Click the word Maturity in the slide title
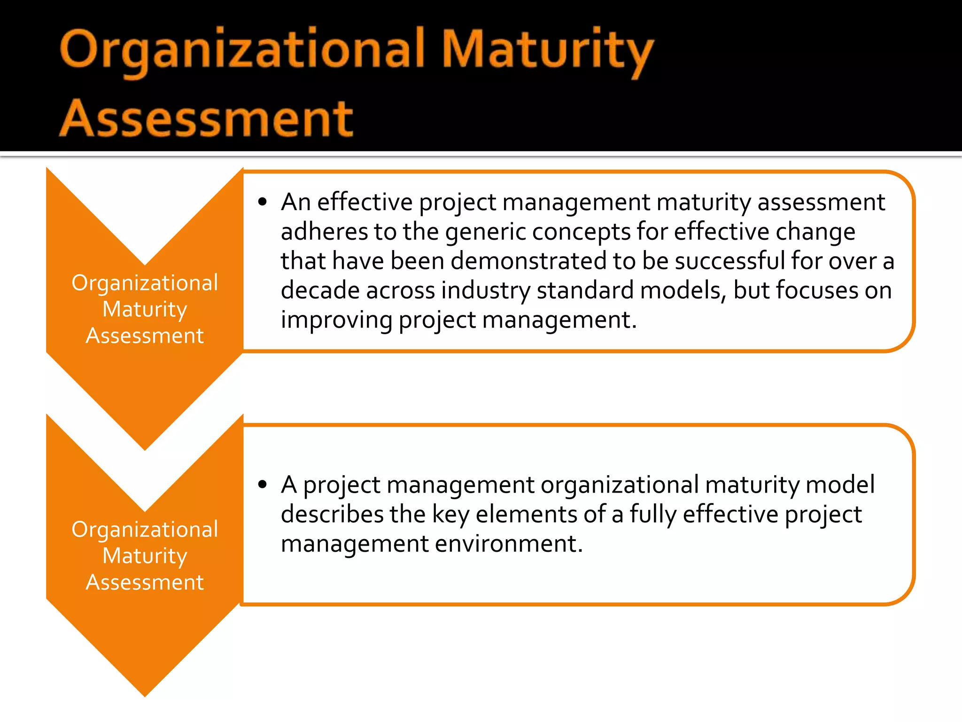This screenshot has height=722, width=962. [547, 51]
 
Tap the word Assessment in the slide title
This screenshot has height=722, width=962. [206, 118]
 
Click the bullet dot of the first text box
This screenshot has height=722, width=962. [263, 203]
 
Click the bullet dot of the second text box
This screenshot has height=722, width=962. [263, 485]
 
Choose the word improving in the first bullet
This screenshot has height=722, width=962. [336, 320]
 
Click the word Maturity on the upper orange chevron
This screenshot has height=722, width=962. [145, 310]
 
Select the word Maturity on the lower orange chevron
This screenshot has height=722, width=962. [145, 557]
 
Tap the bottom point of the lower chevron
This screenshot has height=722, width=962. [145, 693]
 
